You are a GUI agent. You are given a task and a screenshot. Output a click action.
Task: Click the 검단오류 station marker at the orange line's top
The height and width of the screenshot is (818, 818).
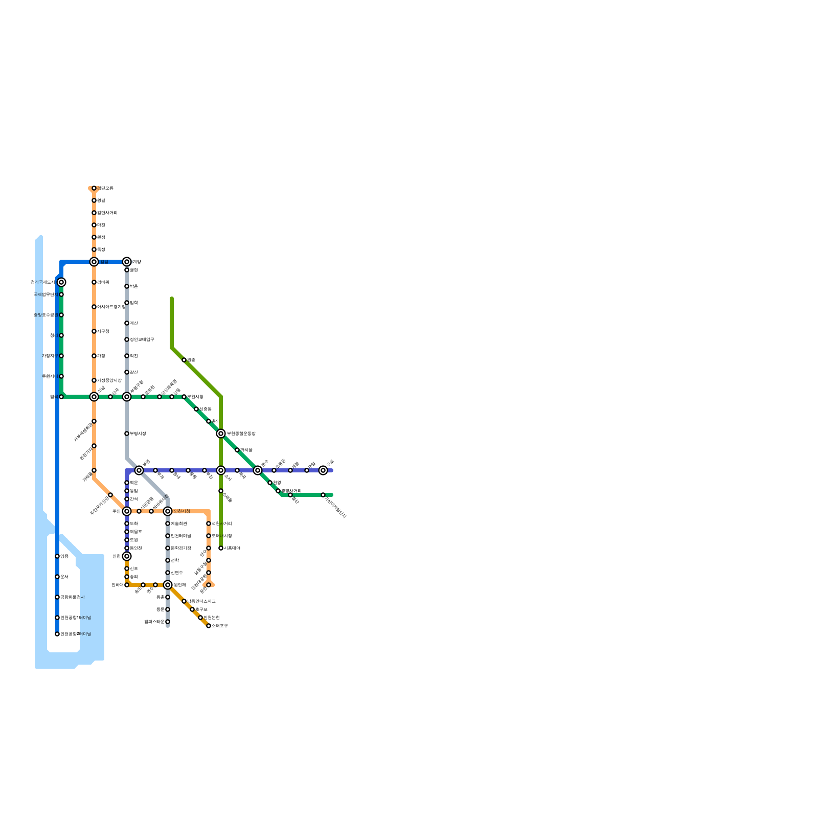(x=94, y=188)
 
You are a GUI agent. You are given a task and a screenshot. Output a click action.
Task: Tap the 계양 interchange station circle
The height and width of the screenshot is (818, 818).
(x=127, y=262)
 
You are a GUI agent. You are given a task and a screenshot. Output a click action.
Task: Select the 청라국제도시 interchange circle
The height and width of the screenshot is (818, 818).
(x=61, y=282)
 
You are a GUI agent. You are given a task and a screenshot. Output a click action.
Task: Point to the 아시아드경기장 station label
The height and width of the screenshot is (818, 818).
(x=111, y=307)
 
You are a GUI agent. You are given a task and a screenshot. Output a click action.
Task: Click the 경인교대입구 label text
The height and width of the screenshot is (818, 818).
(x=142, y=339)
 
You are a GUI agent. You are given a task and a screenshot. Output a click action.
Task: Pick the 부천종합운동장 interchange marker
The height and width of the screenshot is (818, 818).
(x=221, y=434)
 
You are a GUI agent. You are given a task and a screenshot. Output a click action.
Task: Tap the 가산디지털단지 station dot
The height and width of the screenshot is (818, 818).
(x=323, y=495)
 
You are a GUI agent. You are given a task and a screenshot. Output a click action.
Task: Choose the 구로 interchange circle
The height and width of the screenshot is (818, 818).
(x=323, y=470)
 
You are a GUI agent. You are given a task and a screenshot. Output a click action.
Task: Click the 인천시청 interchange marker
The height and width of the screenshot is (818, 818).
(x=168, y=511)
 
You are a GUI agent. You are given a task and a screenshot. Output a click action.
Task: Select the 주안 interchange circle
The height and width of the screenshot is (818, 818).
(x=127, y=511)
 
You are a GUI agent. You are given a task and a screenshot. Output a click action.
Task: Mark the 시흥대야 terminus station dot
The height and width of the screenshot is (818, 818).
(x=221, y=548)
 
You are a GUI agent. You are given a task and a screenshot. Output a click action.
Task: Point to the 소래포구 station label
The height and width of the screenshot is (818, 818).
(x=219, y=626)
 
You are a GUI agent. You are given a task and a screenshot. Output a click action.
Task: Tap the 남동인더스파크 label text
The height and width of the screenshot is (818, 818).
(x=201, y=601)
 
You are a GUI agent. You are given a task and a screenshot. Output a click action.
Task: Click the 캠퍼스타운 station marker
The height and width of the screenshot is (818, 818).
(x=168, y=622)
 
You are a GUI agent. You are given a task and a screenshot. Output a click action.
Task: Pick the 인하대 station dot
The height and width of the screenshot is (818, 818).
(x=127, y=585)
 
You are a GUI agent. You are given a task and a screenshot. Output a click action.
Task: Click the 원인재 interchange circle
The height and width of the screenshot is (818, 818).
(x=168, y=585)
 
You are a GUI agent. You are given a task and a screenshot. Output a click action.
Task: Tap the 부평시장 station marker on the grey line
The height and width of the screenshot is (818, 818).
(x=127, y=434)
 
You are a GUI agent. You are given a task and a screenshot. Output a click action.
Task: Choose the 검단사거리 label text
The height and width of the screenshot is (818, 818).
(x=107, y=213)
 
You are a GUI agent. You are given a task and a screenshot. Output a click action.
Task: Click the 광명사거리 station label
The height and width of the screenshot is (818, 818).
(x=291, y=491)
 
